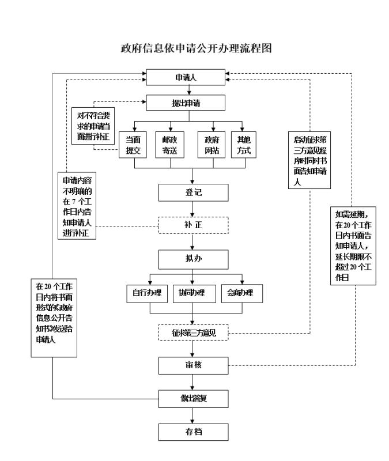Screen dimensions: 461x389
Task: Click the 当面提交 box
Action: (x=134, y=145)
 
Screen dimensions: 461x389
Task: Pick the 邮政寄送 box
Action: (x=171, y=145)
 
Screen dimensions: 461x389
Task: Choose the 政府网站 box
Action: (x=214, y=145)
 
